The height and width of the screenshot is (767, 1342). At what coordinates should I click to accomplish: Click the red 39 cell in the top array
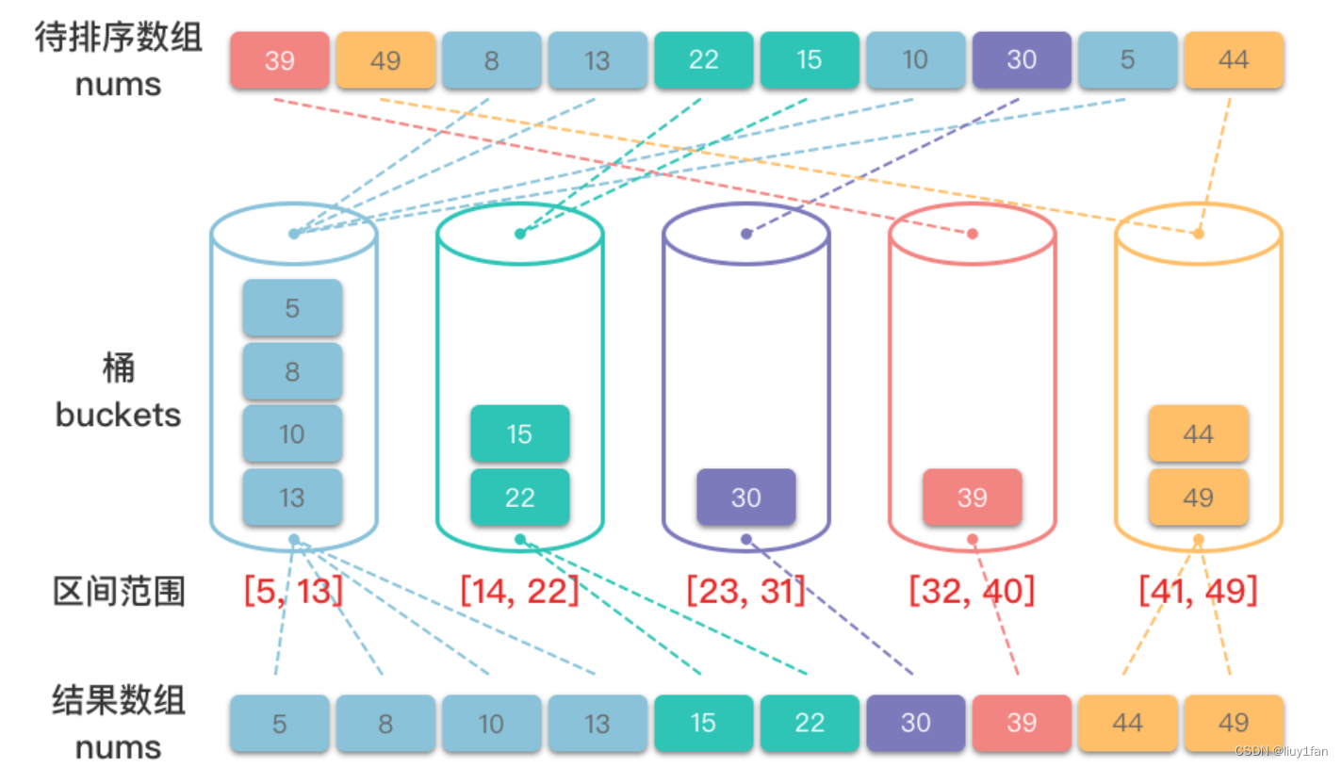click(x=280, y=60)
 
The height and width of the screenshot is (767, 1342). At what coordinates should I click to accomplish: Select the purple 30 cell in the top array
click(x=1022, y=60)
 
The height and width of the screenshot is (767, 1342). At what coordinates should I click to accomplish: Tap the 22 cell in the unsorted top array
click(x=704, y=60)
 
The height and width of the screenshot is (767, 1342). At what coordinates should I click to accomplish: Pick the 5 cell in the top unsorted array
click(x=1128, y=60)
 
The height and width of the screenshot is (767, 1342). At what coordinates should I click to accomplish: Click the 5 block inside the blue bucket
click(x=292, y=308)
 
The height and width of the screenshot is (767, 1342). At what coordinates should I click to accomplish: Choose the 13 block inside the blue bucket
click(x=292, y=497)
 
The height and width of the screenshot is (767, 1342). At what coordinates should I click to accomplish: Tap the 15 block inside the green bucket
click(x=519, y=433)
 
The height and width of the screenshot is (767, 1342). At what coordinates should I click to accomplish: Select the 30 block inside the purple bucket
click(x=745, y=497)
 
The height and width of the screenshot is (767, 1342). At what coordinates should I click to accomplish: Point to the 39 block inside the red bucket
click(x=972, y=497)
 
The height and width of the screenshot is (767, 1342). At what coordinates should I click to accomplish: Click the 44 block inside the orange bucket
click(x=1198, y=433)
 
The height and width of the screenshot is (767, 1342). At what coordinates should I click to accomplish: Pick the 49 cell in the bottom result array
click(x=1234, y=723)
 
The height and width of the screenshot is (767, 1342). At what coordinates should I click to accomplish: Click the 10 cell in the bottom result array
click(x=492, y=723)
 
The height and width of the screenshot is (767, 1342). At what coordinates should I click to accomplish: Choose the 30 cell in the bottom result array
click(x=916, y=723)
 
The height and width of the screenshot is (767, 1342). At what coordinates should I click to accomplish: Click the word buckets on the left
click(x=118, y=415)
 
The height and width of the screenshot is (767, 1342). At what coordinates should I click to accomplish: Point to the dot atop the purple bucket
click(x=746, y=234)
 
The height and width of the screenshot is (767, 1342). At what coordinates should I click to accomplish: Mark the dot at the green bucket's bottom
click(x=520, y=539)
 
